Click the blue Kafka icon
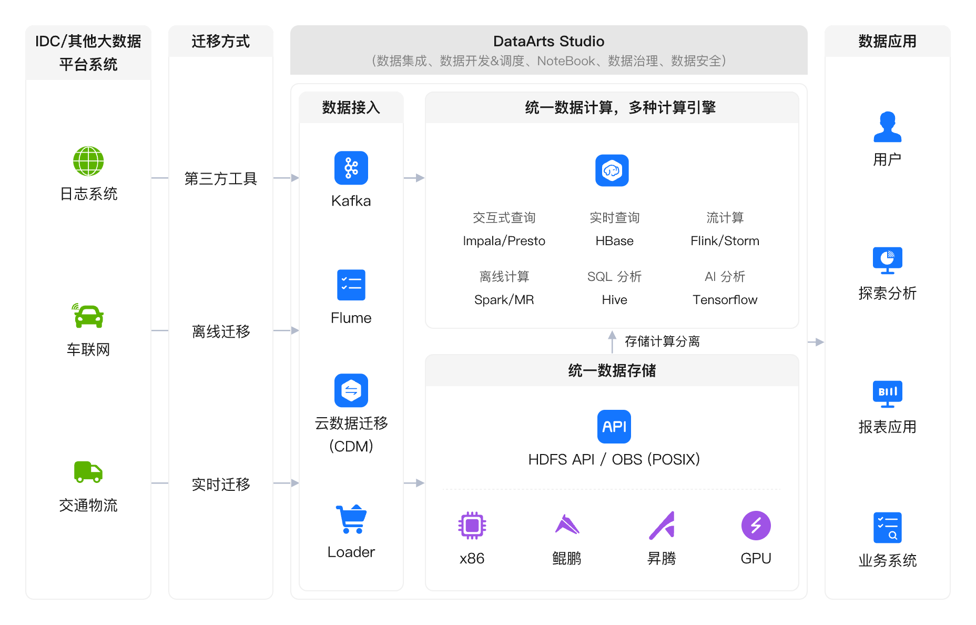pyautogui.click(x=351, y=168)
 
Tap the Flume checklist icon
pyautogui.click(x=351, y=285)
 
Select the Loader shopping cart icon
pyautogui.click(x=351, y=519)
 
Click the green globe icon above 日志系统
pyautogui.click(x=88, y=161)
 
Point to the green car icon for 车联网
pyautogui.click(x=88, y=316)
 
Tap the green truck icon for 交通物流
pyautogui.click(x=88, y=472)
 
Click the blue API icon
pyautogui.click(x=614, y=426)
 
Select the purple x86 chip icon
pyautogui.click(x=472, y=525)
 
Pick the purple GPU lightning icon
pyautogui.click(x=756, y=525)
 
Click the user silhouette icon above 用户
pyautogui.click(x=887, y=127)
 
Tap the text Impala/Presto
pyautogui.click(x=504, y=241)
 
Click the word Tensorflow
pyautogui.click(x=725, y=300)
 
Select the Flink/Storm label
pyautogui.click(x=725, y=241)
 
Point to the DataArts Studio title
pyautogui.click(x=548, y=41)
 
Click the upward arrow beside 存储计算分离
pyautogui.click(x=612, y=342)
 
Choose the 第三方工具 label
pyautogui.click(x=220, y=178)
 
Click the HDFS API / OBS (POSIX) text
pyautogui.click(x=614, y=459)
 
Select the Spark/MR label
pyautogui.click(x=504, y=300)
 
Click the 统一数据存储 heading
pyautogui.click(x=612, y=370)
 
